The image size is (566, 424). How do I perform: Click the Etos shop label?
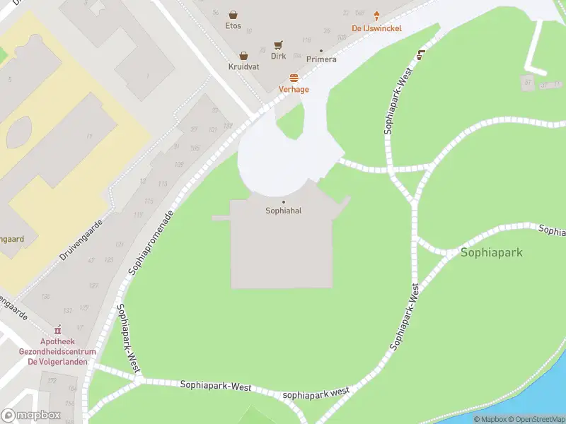233,26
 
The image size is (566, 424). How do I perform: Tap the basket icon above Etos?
233,14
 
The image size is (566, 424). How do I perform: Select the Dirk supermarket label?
279,56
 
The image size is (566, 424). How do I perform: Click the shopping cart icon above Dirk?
279,45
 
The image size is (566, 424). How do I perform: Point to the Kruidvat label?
244,66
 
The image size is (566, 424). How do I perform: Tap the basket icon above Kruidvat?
244,55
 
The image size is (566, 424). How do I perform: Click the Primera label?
321,59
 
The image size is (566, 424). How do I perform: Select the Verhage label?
294,90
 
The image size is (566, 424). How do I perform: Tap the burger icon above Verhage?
294,78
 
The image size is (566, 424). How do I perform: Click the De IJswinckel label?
377,29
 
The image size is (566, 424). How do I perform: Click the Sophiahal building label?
284,211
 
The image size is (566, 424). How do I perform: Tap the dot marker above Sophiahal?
284,202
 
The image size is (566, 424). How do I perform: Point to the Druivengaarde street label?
81,238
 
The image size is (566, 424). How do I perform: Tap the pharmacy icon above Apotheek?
57,330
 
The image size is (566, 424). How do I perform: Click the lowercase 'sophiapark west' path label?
316,393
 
